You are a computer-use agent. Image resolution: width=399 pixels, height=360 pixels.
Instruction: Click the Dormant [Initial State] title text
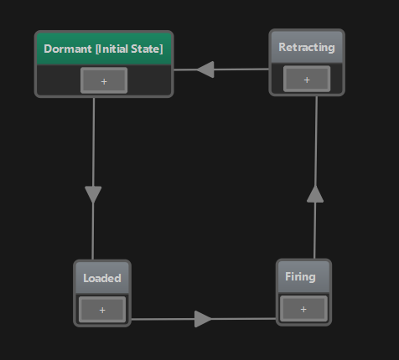click(103, 49)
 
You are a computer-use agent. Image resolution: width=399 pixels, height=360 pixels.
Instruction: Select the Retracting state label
click(306, 47)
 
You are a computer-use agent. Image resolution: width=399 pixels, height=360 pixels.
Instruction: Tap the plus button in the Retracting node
click(306, 80)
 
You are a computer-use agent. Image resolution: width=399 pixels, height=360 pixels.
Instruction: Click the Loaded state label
click(102, 278)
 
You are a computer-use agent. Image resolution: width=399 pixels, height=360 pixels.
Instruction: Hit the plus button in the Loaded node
click(102, 310)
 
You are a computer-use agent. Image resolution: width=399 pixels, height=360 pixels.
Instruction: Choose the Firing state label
click(300, 276)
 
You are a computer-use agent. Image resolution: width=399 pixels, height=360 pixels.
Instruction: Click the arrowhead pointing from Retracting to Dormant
click(205, 69)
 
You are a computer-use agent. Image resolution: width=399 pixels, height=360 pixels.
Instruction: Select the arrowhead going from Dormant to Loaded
click(93, 194)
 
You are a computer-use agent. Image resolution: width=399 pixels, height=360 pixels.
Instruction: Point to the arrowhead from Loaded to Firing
click(203, 318)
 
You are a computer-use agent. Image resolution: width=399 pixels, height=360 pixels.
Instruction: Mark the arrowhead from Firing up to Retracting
click(314, 194)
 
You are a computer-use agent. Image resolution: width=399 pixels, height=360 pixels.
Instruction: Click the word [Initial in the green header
click(111, 49)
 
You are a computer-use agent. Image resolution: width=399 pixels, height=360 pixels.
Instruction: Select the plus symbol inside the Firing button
click(303, 309)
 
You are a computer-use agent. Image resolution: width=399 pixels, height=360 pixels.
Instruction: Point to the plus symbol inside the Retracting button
click(306, 80)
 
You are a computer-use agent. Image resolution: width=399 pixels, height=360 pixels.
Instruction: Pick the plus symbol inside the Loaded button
click(102, 310)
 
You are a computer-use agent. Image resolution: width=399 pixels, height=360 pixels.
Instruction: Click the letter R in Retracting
click(282, 47)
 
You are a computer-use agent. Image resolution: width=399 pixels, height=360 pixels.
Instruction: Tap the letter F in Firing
click(288, 276)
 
